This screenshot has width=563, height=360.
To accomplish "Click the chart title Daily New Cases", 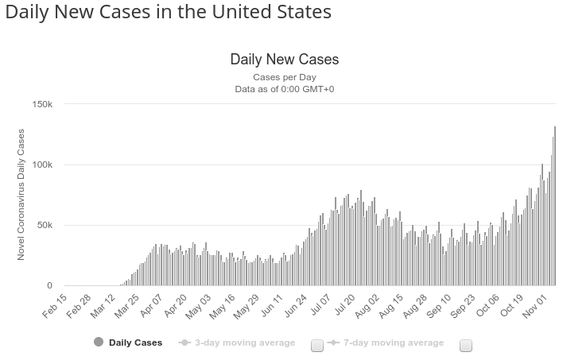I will coord(284,60).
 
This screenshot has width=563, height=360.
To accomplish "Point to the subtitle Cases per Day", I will coord(284,77).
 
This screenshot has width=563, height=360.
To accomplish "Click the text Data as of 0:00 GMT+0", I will coord(284,89).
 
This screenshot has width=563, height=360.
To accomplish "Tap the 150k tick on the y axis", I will coord(42,105).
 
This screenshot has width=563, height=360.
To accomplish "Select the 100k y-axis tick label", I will coord(42,165).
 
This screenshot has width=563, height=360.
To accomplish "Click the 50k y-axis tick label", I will coord(45,226).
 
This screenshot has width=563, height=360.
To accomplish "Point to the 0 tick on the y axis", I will coord(49,286).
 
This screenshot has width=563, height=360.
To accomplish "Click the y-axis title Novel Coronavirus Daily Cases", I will coord(21,195).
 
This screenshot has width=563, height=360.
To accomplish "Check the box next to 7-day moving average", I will coord(466,345).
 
